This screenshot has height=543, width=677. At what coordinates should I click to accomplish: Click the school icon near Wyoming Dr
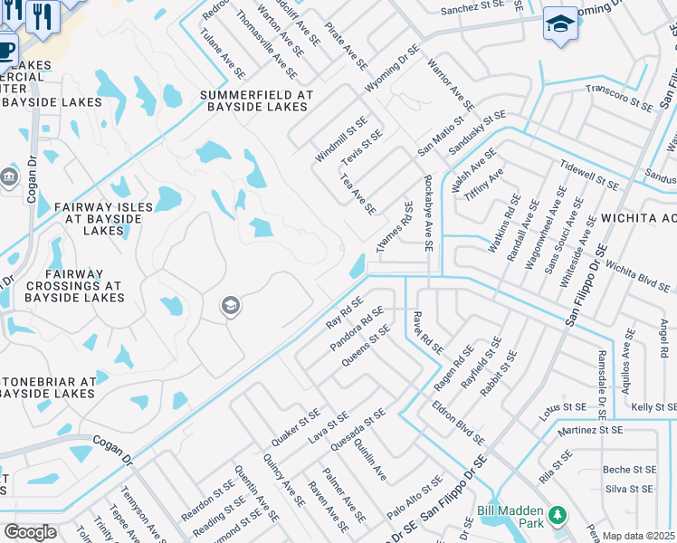click(x=560, y=25)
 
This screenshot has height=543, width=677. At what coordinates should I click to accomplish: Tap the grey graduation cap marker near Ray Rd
click(x=230, y=307)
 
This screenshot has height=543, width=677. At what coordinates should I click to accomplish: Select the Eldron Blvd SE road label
click(x=458, y=423)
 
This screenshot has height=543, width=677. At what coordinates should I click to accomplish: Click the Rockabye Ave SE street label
click(x=427, y=214)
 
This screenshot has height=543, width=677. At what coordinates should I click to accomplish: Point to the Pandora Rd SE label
click(x=358, y=332)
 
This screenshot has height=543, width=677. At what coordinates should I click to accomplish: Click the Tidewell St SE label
click(x=589, y=176)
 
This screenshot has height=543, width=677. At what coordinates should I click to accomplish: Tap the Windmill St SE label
click(x=341, y=139)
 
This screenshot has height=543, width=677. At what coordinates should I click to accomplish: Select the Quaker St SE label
click(x=297, y=427)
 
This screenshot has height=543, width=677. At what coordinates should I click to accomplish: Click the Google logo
click(x=30, y=532)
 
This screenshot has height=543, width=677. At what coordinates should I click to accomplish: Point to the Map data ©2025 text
click(x=638, y=536)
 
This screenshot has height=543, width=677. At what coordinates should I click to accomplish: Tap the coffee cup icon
click(x=5, y=51)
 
